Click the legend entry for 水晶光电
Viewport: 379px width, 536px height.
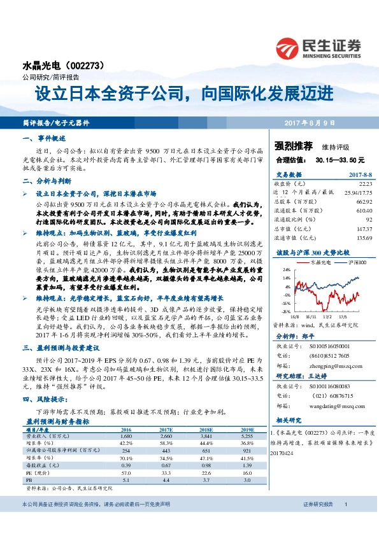coord(318,262)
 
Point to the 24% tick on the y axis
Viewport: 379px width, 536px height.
coord(287,269)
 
